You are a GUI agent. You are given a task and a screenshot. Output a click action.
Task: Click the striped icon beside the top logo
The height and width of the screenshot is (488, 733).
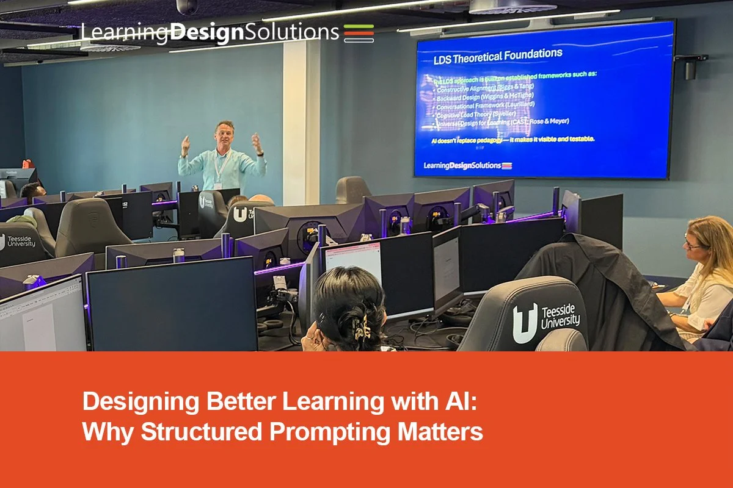pos(359,32)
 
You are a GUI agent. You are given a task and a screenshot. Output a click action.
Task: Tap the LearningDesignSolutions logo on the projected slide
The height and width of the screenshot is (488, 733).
pos(468,165)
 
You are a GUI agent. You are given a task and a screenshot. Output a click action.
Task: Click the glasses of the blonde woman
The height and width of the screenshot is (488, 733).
pos(692,245)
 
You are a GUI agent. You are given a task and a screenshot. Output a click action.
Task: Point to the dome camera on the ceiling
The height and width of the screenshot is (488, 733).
pos(187,7)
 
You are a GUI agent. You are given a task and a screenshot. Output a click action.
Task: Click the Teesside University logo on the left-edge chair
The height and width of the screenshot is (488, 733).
pos(18,242)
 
